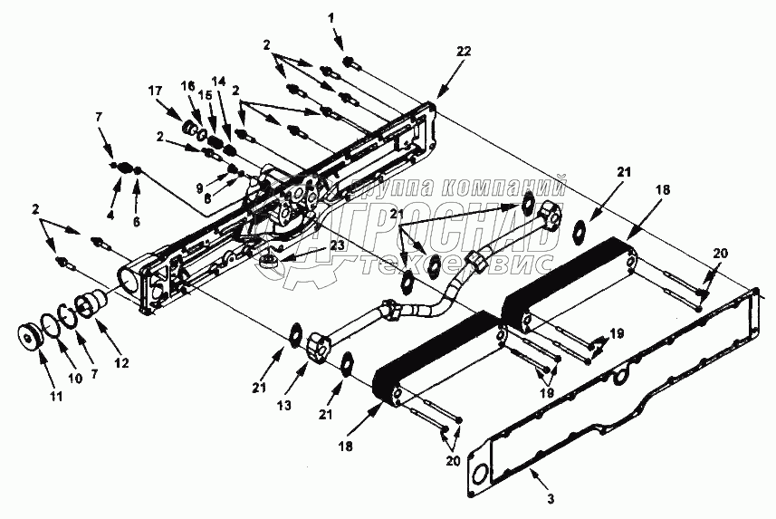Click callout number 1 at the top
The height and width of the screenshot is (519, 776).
(x=331, y=17)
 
